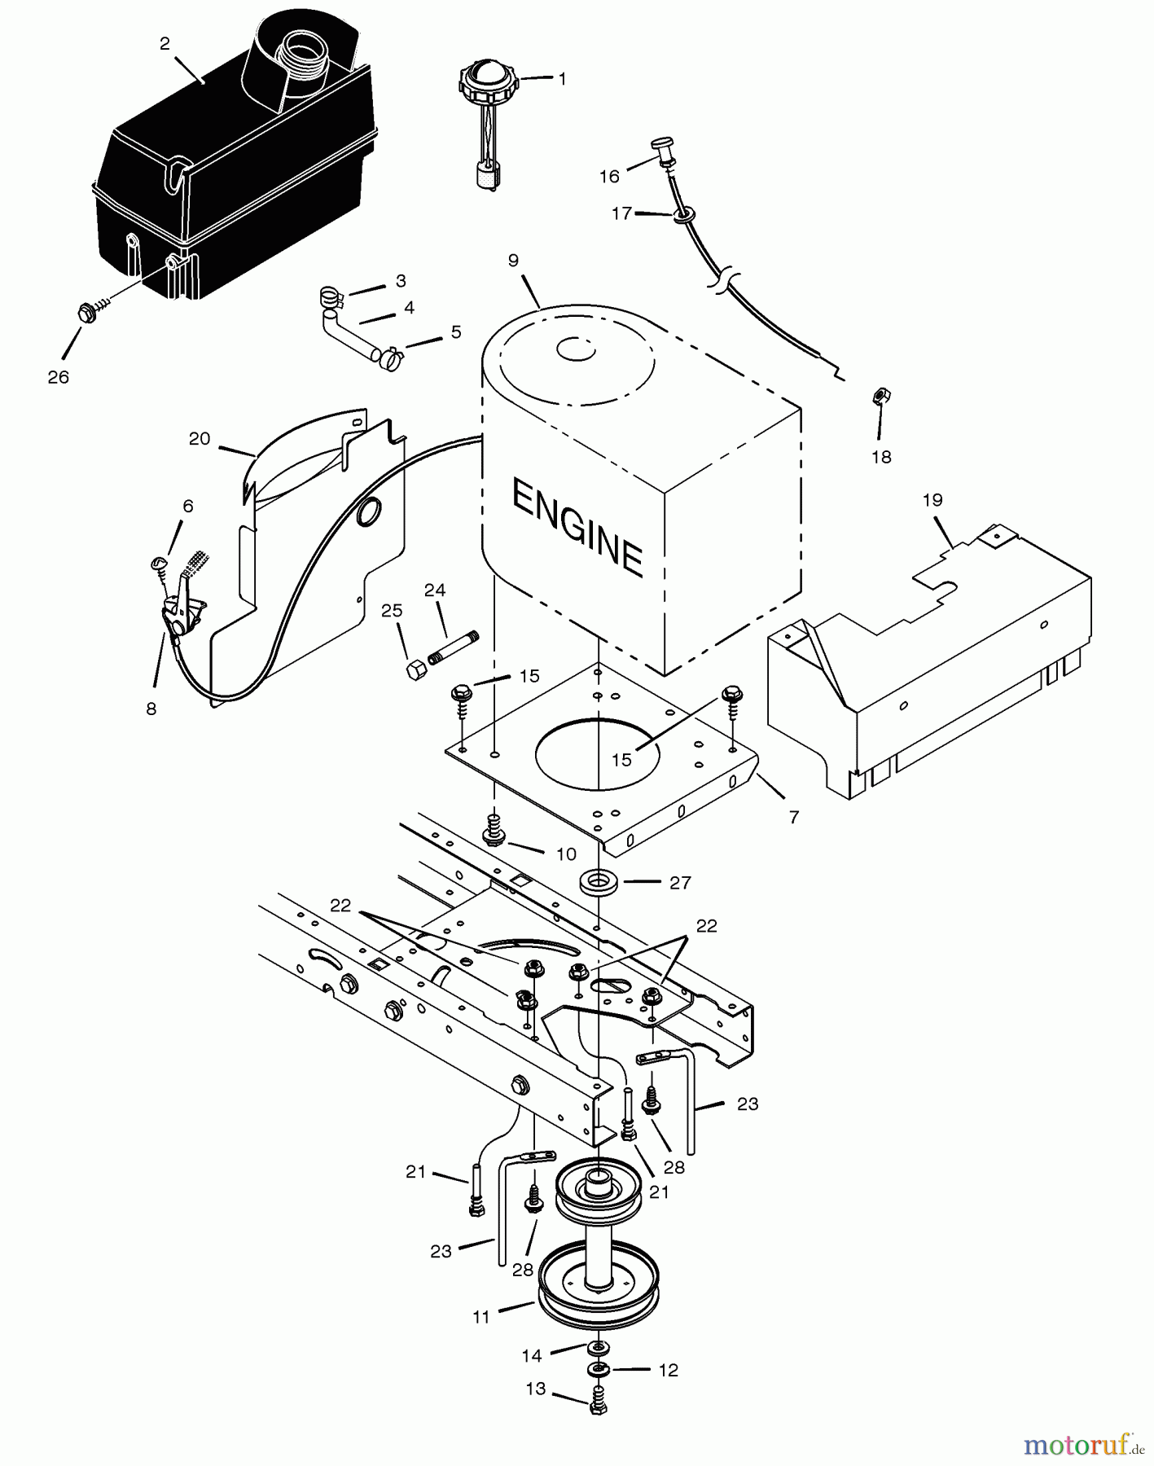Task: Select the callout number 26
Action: [x=58, y=377]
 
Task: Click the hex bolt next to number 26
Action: [x=84, y=312]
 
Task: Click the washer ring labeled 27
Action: [x=597, y=881]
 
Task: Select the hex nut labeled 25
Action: [x=415, y=668]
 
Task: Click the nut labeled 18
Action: [x=880, y=396]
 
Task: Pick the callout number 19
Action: [x=932, y=499]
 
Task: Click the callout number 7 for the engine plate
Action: [x=794, y=815]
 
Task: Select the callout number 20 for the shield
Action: [x=199, y=439]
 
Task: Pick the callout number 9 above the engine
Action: [x=512, y=261]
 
